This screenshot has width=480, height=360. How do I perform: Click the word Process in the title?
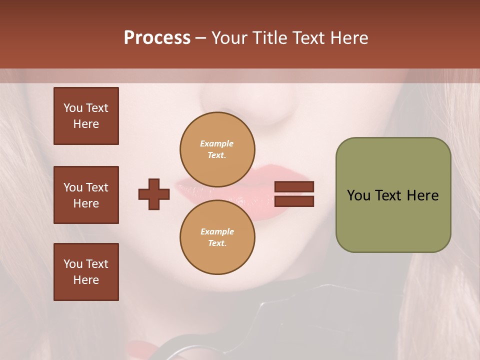pos(157,38)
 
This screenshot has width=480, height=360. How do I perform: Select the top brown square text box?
pos(86,116)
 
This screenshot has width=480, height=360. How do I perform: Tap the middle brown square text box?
pos(86,195)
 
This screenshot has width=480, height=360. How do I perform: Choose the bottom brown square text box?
pos(86,272)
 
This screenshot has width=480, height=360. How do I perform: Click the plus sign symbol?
pos(154,194)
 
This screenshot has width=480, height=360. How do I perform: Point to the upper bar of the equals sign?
pos(294,186)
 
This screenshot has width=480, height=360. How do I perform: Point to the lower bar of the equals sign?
pos(294,201)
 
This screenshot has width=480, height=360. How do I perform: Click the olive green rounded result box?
pos(393,220)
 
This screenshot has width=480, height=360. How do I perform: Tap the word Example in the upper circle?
pos(217,143)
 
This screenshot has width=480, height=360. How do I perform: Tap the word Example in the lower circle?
pos(217,231)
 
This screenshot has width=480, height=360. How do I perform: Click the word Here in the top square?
pos(86,124)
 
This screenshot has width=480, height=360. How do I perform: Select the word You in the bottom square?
pos(73,264)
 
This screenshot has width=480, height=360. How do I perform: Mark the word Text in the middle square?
pos(97,187)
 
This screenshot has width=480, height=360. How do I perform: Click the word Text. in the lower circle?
pos(217,243)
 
